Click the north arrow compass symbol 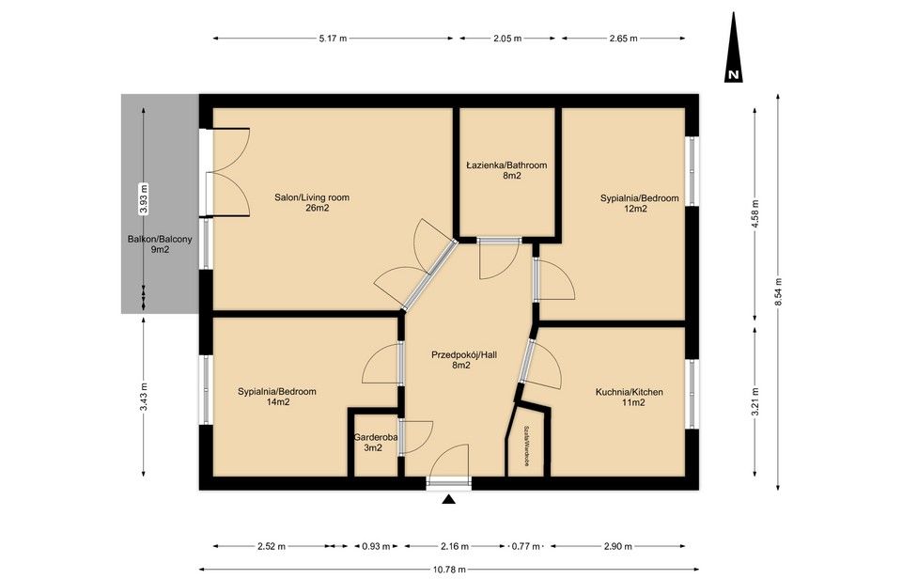pyautogui.click(x=734, y=51)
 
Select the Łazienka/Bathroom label pyautogui.click(x=506, y=170)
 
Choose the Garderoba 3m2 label pyautogui.click(x=373, y=443)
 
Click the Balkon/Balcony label pyautogui.click(x=160, y=244)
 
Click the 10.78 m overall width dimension pyautogui.click(x=450, y=569)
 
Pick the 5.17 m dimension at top pyautogui.click(x=333, y=39)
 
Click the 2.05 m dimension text pyautogui.click(x=506, y=39)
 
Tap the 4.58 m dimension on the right pyautogui.click(x=755, y=215)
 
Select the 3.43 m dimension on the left pyautogui.click(x=144, y=397)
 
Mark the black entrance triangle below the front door pyautogui.click(x=449, y=500)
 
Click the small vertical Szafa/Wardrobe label pyautogui.click(x=529, y=445)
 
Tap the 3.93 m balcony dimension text pyautogui.click(x=144, y=198)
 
